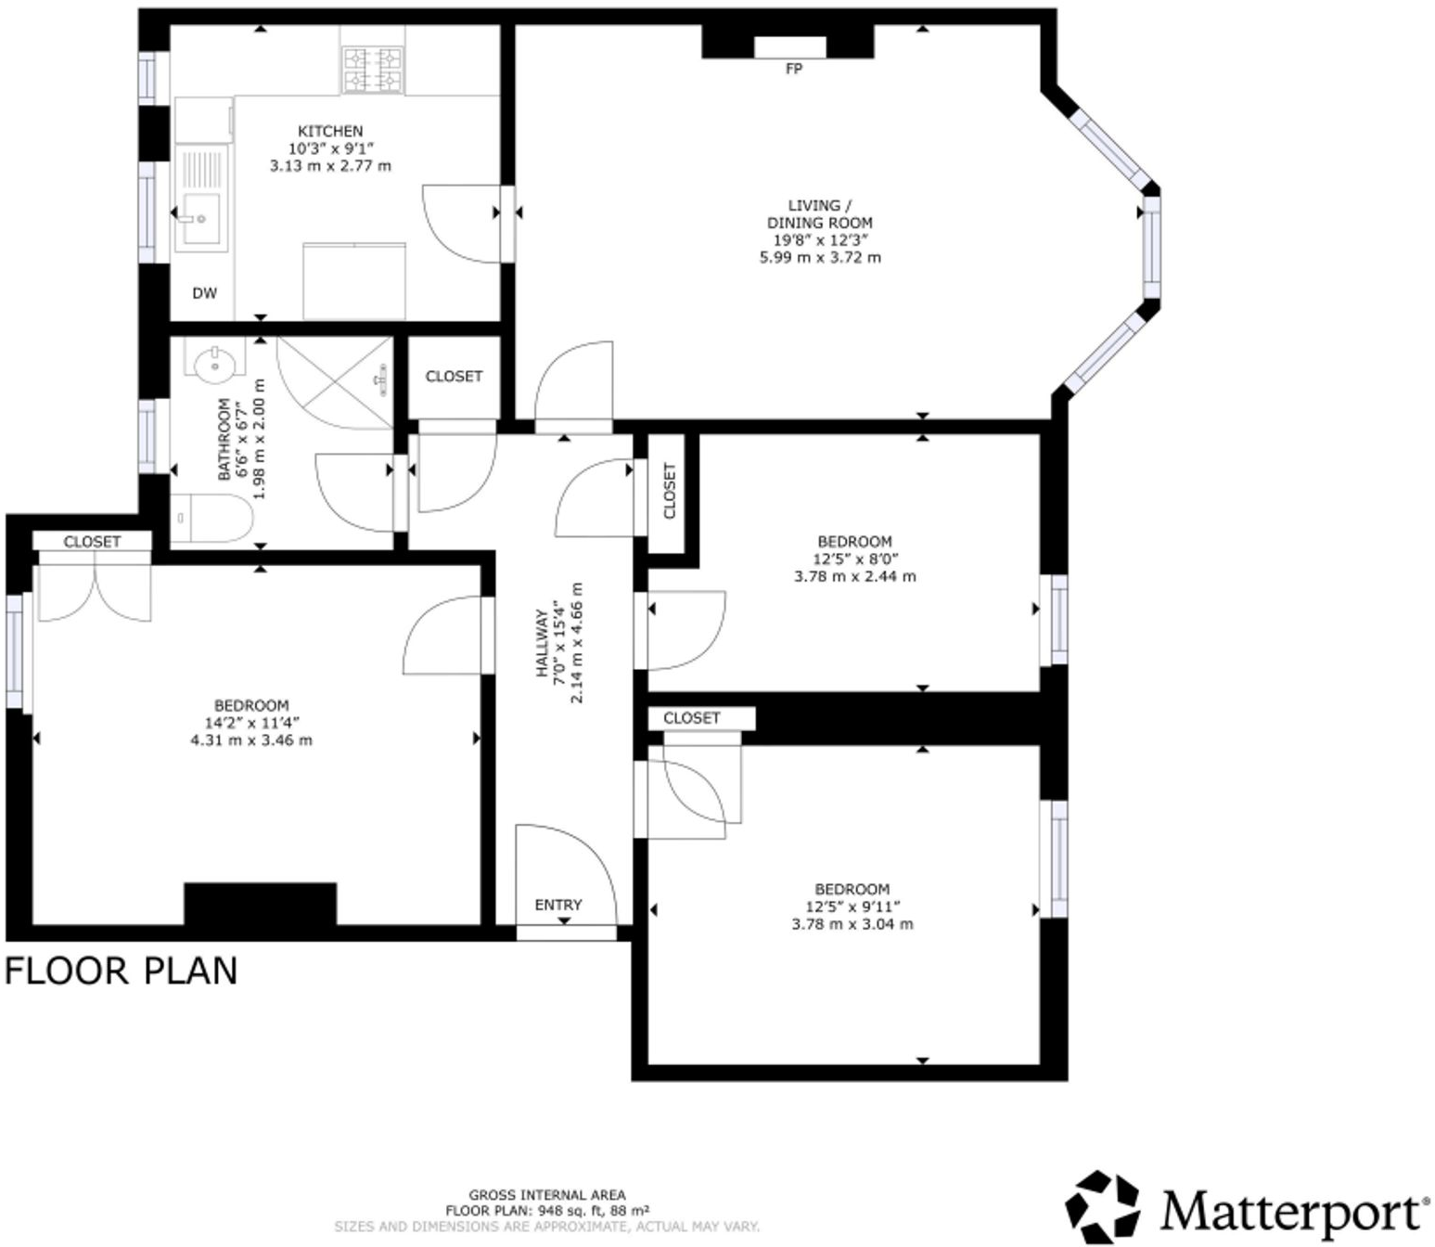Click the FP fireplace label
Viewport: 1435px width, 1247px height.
tap(793, 69)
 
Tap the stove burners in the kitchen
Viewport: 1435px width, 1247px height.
tap(374, 71)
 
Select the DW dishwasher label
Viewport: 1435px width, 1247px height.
tap(204, 293)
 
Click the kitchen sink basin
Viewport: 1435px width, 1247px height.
tap(200, 219)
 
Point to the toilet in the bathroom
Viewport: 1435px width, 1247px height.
tap(212, 518)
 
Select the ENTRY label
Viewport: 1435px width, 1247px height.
tap(558, 905)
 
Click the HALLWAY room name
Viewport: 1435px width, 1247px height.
tap(543, 643)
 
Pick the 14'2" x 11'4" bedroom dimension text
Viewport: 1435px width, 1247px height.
tap(251, 723)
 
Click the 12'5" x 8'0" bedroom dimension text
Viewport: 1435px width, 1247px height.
tap(854, 559)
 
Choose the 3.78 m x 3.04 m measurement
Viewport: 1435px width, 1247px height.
tap(852, 924)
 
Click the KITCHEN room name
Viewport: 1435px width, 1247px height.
tap(330, 132)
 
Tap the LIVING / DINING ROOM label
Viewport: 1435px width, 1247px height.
tap(819, 214)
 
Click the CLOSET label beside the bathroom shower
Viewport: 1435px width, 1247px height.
tap(454, 377)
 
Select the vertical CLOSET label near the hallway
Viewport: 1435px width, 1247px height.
tap(670, 491)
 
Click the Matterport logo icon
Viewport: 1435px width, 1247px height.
tap(1102, 1207)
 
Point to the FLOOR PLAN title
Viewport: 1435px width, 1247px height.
tap(122, 971)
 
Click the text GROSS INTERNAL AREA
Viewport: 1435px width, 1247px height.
tap(546, 1195)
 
